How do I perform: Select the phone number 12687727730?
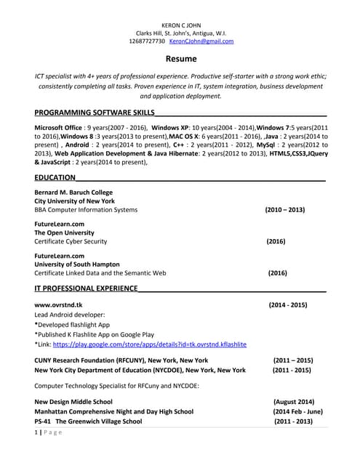pos(152,41)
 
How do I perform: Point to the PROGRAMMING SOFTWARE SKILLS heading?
pos(95,113)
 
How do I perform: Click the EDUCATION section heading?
pos(55,177)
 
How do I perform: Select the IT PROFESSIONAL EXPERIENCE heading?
pos(86,288)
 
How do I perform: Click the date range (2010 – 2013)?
pos(285,210)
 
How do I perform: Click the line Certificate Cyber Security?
pos(71,241)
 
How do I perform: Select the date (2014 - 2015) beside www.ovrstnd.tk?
pos(288,304)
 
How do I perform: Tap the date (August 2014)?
pos(294,401)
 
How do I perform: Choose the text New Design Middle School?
pos(73,401)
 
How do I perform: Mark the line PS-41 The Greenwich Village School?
pos(88,421)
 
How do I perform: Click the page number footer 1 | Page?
pos(48,433)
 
